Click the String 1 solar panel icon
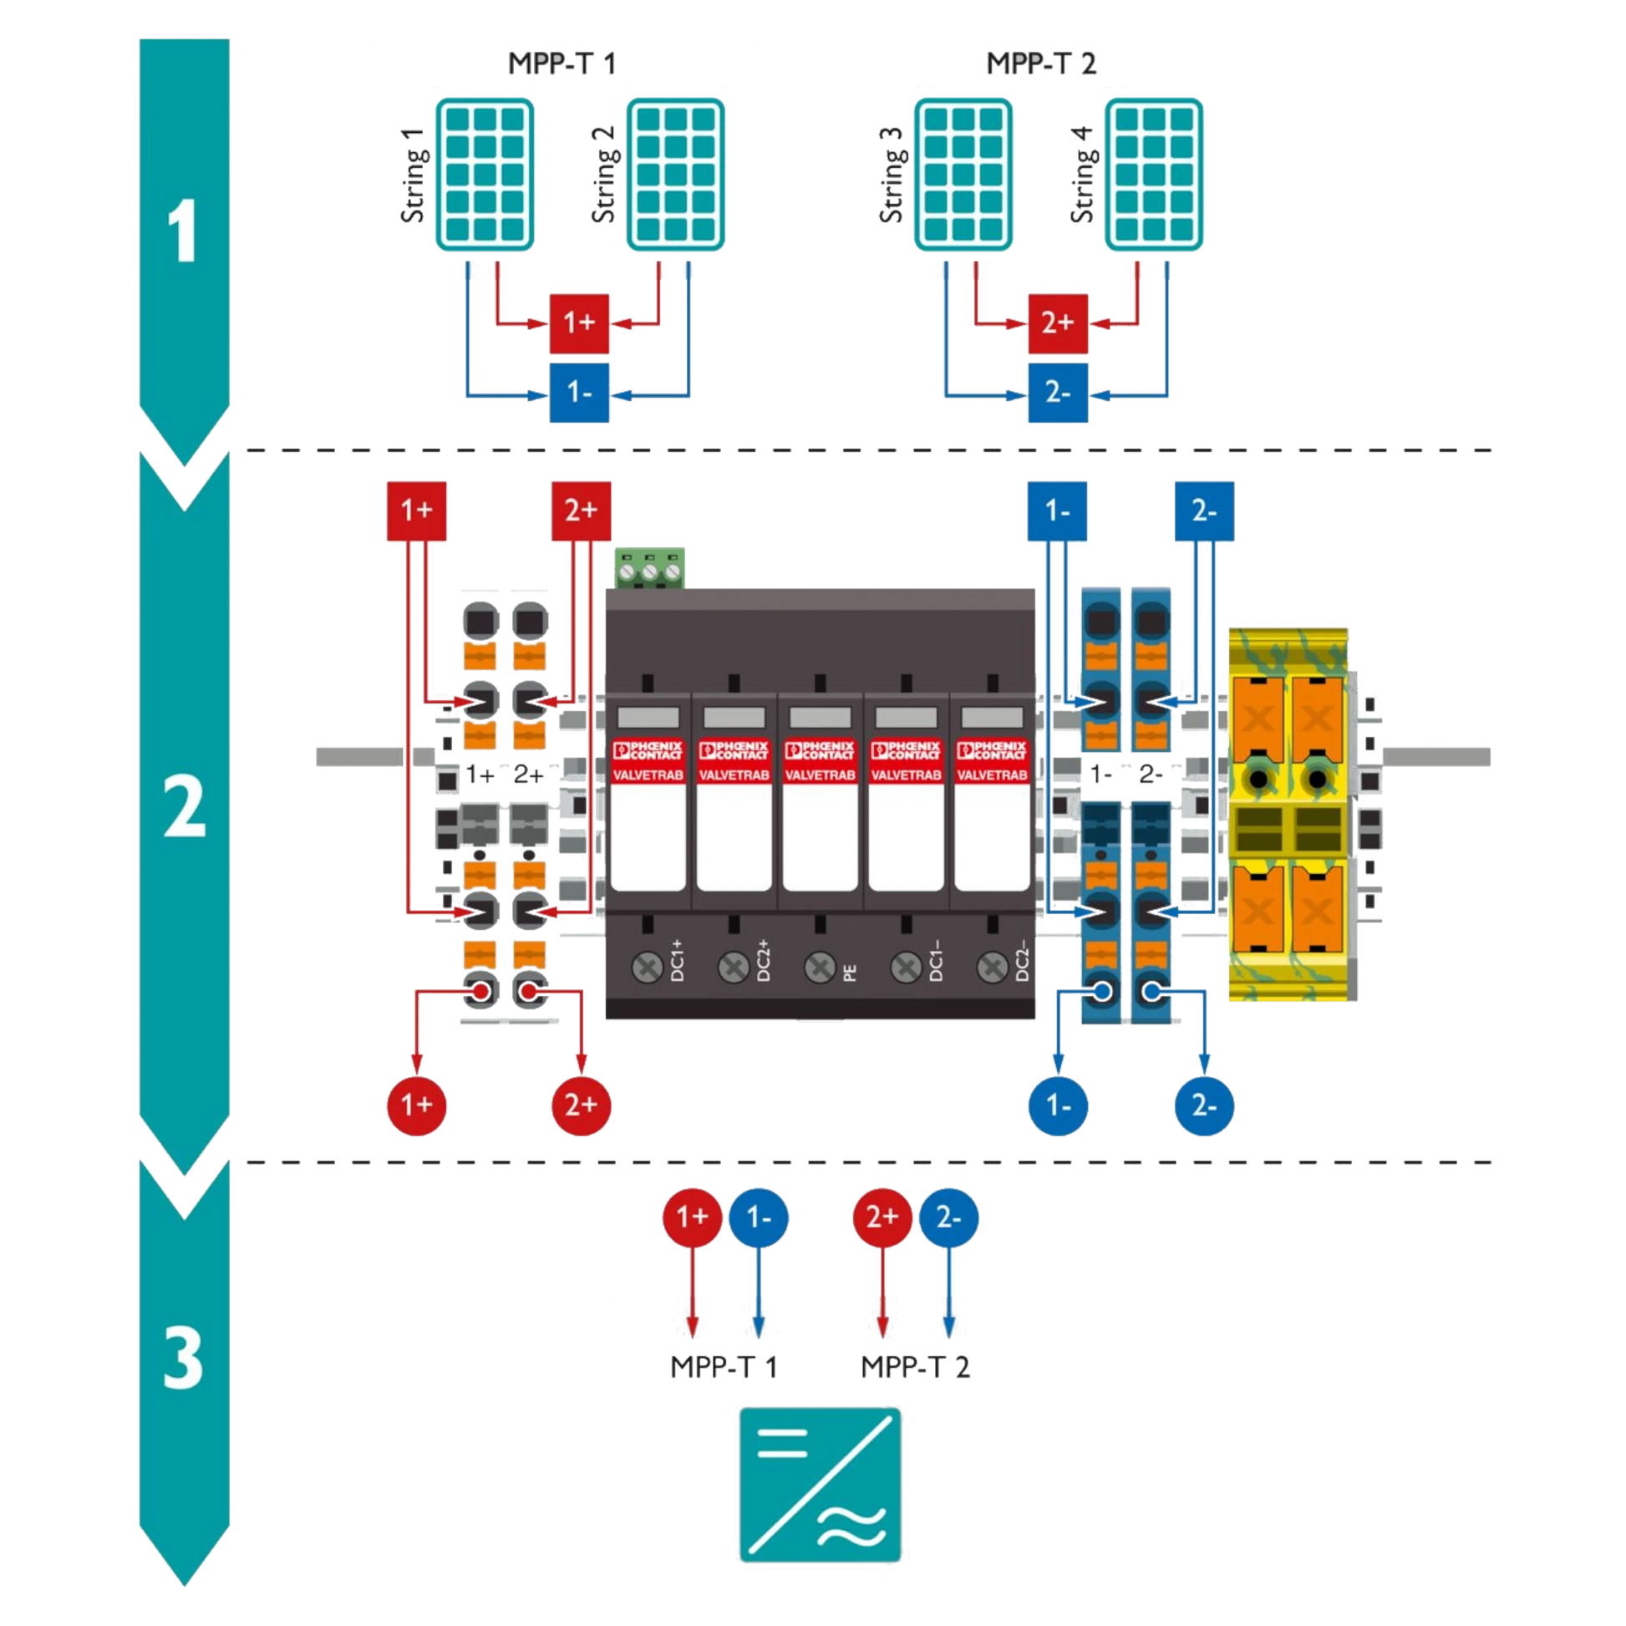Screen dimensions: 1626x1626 pyautogui.click(x=484, y=173)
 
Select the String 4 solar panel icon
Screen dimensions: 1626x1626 pyautogui.click(x=1153, y=173)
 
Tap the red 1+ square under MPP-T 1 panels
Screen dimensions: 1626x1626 pyautogui.click(x=579, y=323)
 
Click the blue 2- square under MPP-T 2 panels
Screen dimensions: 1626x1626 pyautogui.click(x=1057, y=393)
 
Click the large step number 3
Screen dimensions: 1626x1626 pyautogui.click(x=183, y=1359)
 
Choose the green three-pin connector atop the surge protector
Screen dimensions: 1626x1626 pyautogui.click(x=650, y=567)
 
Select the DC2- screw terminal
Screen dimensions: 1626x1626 pyautogui.click(x=992, y=968)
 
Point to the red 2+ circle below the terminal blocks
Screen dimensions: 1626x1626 pyautogui.click(x=581, y=1105)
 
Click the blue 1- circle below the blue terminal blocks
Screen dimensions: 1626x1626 pyautogui.click(x=1057, y=1105)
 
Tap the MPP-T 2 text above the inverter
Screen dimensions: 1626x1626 pyautogui.click(x=915, y=1367)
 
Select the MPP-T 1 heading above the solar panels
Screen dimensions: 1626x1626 pyautogui.click(x=562, y=64)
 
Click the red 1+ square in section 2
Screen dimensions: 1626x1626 pyautogui.click(x=416, y=511)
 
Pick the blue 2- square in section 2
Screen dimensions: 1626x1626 pyautogui.click(x=1203, y=511)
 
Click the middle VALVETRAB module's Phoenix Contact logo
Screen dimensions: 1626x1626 pyautogui.click(x=819, y=749)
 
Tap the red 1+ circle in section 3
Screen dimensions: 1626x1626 pyautogui.click(x=692, y=1217)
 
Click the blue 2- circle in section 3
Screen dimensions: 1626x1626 pyautogui.click(x=948, y=1217)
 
